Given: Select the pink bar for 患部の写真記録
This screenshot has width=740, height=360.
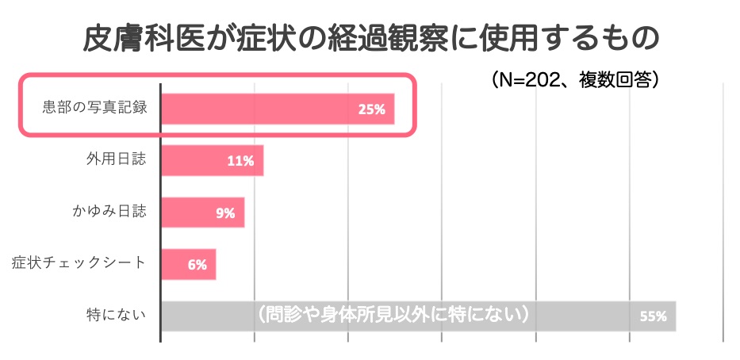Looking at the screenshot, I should [x=277, y=108].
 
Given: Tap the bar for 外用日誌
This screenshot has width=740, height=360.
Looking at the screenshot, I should [x=212, y=160].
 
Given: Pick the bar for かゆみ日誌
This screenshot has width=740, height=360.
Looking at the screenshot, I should [x=202, y=212].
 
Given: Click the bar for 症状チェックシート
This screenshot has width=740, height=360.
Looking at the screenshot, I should [x=188, y=264].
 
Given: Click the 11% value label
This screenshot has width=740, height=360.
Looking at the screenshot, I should [x=240, y=161].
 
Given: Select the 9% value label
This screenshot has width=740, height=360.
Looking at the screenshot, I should [x=224, y=213].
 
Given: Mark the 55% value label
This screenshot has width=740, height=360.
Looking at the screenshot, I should [x=653, y=316].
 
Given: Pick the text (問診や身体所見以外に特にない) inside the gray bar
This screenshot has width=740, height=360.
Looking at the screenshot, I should [x=393, y=314].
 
